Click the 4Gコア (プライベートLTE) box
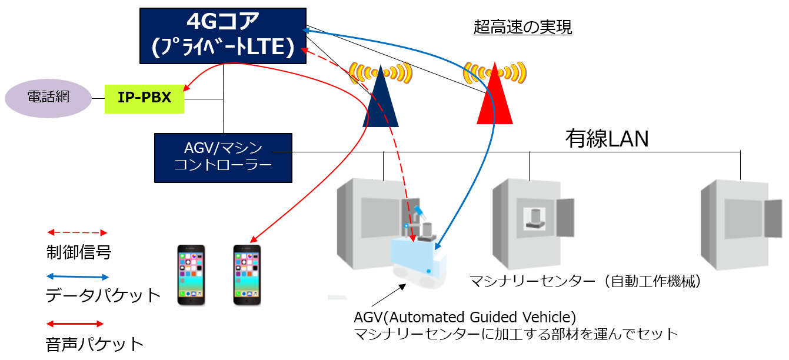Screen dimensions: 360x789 [x=222, y=36]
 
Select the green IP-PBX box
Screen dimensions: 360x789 [x=144, y=98]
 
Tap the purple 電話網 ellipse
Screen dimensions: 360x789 [x=48, y=98]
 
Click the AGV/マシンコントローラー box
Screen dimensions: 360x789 [x=223, y=158]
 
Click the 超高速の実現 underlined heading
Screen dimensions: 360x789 [x=522, y=27]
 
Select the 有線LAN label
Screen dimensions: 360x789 [x=607, y=139]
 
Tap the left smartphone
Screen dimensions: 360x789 [x=191, y=275]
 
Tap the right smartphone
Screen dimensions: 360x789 [x=247, y=275]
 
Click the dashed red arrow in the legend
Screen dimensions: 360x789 [x=77, y=233]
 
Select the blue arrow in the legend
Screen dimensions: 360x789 [x=77, y=276]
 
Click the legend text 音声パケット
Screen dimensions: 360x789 [x=95, y=344]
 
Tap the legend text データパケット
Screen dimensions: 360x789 [x=103, y=295]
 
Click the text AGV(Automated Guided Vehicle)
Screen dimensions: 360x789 [x=465, y=317]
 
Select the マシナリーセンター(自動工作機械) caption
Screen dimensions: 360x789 [x=585, y=282]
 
